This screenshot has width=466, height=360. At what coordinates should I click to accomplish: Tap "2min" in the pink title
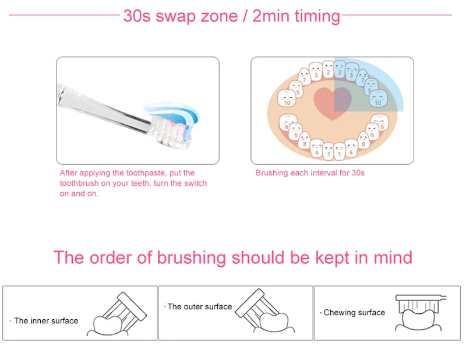click(x=270, y=16)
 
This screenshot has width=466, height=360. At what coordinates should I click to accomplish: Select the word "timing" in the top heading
click(x=317, y=16)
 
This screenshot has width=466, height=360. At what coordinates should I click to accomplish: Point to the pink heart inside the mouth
click(x=333, y=103)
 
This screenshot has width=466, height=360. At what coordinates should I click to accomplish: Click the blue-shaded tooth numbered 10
click(x=378, y=98)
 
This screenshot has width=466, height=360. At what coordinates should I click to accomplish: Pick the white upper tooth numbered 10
click(x=287, y=98)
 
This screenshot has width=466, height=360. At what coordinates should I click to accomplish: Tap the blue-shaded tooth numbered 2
click(x=340, y=69)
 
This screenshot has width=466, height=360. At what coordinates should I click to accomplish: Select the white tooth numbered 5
click(x=296, y=89)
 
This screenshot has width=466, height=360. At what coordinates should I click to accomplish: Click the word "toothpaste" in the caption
click(x=146, y=173)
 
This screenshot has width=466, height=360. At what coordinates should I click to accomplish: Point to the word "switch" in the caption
click(x=195, y=183)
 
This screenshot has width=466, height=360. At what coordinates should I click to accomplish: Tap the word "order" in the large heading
click(x=110, y=257)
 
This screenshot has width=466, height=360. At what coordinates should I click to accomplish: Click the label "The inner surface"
click(x=46, y=321)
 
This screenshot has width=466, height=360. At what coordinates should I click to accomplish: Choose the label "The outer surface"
click(x=200, y=306)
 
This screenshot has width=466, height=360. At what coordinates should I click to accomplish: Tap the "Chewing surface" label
click(x=354, y=312)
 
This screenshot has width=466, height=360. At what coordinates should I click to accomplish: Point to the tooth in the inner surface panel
click(x=108, y=324)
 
